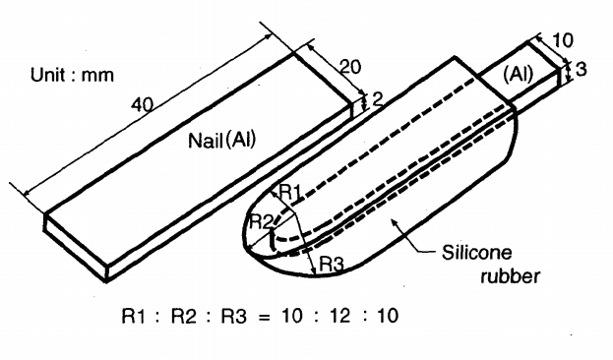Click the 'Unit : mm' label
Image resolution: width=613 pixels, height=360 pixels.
72,75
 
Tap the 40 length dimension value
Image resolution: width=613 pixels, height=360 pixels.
143,105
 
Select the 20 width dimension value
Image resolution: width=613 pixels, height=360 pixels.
350,67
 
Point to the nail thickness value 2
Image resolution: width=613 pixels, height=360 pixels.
377,100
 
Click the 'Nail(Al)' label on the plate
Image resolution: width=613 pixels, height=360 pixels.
222,140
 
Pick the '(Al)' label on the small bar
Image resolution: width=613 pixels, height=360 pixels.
519,75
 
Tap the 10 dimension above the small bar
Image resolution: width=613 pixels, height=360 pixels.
563,40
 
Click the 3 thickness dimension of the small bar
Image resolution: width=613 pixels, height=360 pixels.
581,69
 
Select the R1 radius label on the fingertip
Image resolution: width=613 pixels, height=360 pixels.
291,192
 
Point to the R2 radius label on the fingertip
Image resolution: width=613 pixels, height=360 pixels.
261,221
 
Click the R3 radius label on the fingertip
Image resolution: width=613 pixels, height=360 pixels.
332,265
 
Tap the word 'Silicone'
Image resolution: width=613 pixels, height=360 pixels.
476,252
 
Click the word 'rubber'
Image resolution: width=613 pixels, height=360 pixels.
511,276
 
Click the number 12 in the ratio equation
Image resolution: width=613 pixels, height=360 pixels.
339,316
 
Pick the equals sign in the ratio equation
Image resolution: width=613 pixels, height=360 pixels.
265,317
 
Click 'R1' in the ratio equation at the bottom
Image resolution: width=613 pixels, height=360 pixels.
133,316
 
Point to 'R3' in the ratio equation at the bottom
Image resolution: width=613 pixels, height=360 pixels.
234,316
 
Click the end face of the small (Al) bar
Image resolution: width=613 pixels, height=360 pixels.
563,76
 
